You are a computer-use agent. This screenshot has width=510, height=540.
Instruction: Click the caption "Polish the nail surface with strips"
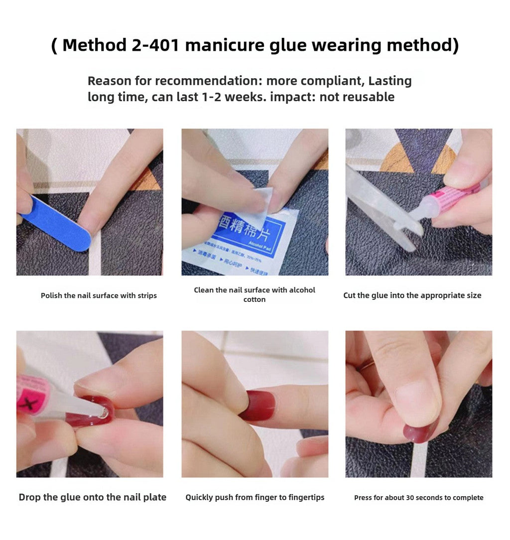coord(99,295)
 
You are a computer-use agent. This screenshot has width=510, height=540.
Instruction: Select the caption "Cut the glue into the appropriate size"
coord(412,295)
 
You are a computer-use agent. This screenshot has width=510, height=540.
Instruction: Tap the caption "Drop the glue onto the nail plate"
coord(93,497)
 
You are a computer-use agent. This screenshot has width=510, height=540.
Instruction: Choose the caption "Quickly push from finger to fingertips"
coord(255,497)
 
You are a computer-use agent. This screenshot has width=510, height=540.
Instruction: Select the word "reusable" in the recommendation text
coord(369,97)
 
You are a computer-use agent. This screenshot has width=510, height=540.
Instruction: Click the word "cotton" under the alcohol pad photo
coord(255,300)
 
